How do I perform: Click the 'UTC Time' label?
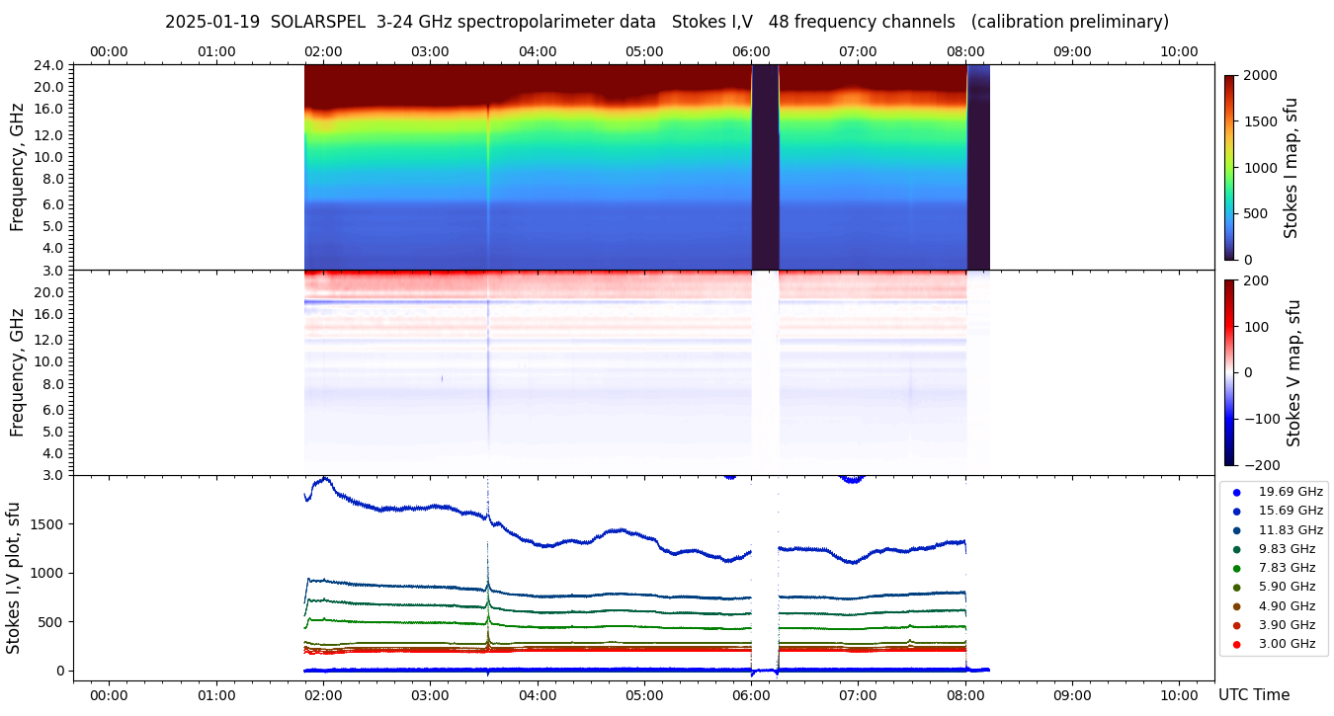tap(1253, 695)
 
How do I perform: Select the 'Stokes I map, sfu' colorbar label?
tap(1291, 167)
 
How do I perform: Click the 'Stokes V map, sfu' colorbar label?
tap(1293, 372)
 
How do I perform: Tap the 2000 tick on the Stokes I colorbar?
tap(1259, 75)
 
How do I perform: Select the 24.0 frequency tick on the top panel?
tap(49, 66)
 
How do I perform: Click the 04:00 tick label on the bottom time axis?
tap(537, 695)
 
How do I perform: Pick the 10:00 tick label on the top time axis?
tap(1179, 51)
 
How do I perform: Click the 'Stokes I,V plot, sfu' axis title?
tap(14, 577)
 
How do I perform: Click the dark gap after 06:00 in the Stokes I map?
tap(765, 168)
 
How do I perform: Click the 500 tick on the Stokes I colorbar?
tap(1255, 213)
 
